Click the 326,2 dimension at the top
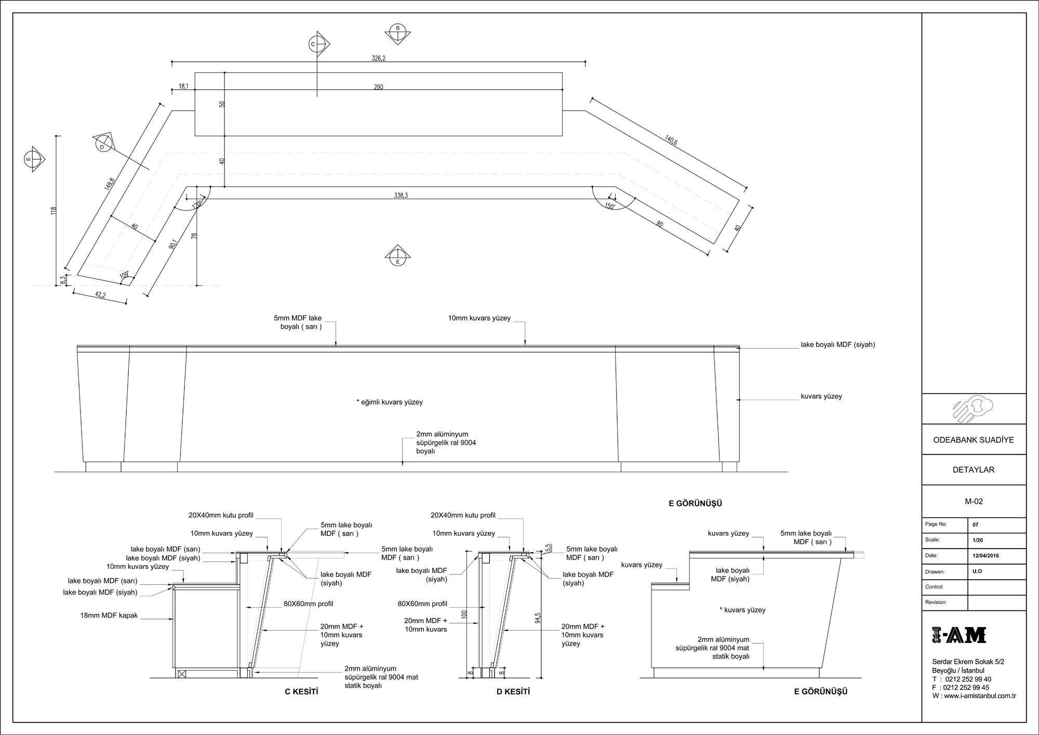[378, 58]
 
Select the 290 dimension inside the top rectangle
[378, 87]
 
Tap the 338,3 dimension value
[401, 195]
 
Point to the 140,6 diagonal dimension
[671, 140]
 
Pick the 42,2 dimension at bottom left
[100, 296]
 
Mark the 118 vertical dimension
[54, 210]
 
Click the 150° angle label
[610, 206]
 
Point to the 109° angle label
[124, 275]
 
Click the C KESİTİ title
[301, 691]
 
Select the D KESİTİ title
[513, 691]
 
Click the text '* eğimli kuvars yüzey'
[390, 402]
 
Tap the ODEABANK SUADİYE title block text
[973, 440]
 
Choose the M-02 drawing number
[974, 501]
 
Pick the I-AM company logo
[959, 635]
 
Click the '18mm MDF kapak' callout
[109, 616]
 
